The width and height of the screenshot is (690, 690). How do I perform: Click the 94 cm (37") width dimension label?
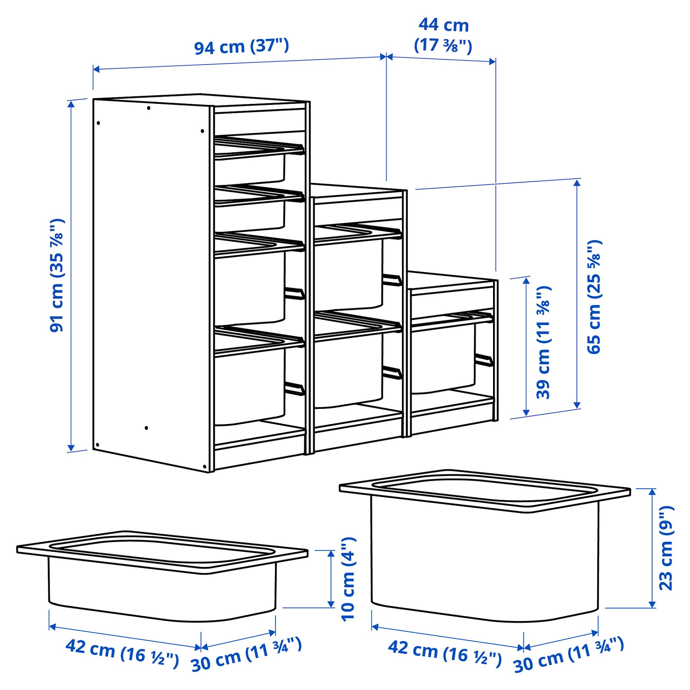coord(241,47)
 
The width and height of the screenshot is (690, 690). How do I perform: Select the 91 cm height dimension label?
coord(57,275)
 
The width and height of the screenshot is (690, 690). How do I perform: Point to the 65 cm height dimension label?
coord(594,297)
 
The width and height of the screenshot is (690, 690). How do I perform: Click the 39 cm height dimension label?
coord(544,342)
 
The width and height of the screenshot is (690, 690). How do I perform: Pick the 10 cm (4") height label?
coord(348,579)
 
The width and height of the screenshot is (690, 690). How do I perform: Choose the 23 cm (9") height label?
coord(666,548)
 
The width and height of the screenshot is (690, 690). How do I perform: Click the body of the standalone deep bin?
coord(484,564)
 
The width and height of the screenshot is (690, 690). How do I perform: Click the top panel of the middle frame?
coord(356,193)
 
